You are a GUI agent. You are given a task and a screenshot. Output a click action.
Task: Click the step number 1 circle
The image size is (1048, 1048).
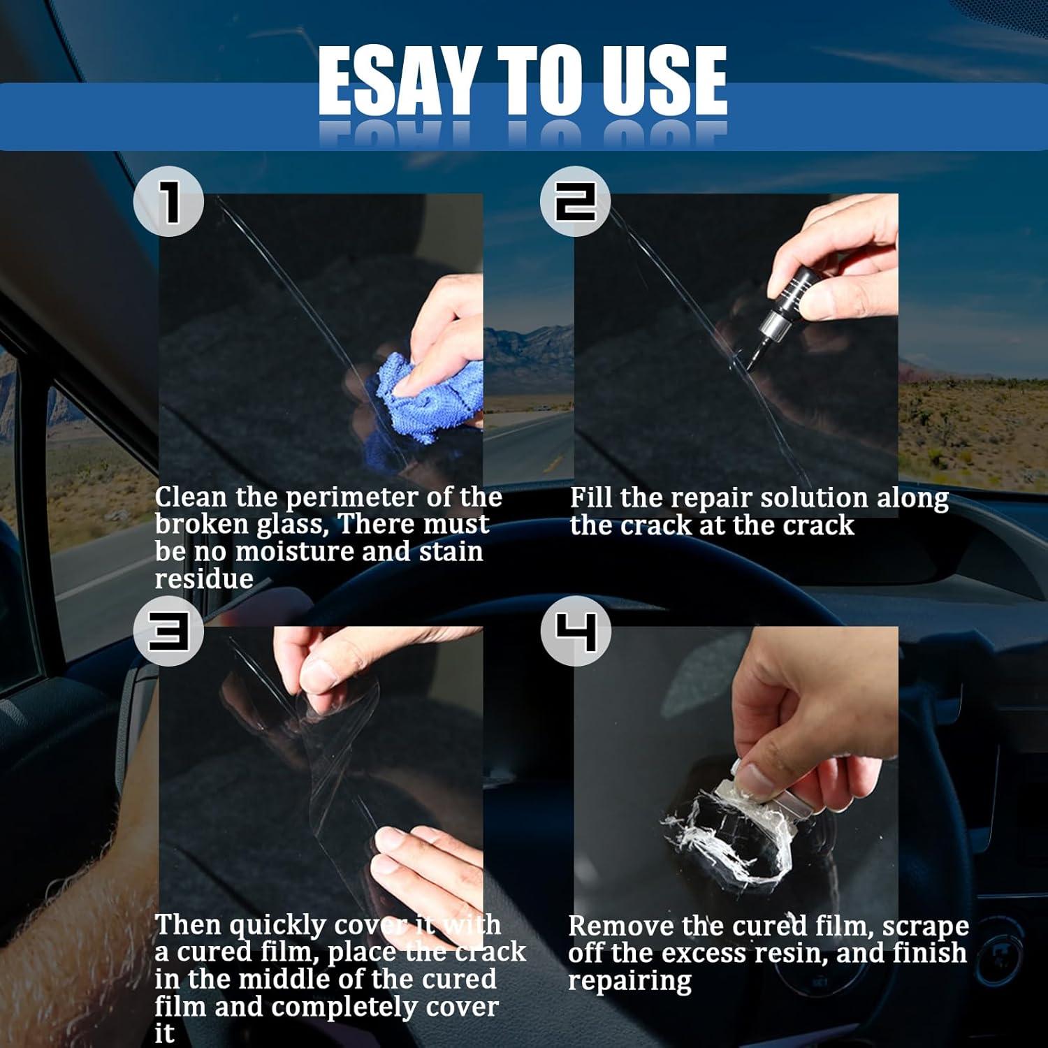168,201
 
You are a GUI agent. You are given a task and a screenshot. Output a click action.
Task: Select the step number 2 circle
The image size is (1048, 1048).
575,201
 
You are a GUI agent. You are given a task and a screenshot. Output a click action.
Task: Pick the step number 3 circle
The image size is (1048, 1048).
168,632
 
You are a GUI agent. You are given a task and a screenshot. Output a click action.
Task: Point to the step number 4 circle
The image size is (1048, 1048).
575,632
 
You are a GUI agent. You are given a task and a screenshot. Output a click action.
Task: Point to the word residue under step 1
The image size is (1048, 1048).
204,579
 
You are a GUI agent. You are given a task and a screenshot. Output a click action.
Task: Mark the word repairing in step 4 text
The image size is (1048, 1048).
629,982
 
